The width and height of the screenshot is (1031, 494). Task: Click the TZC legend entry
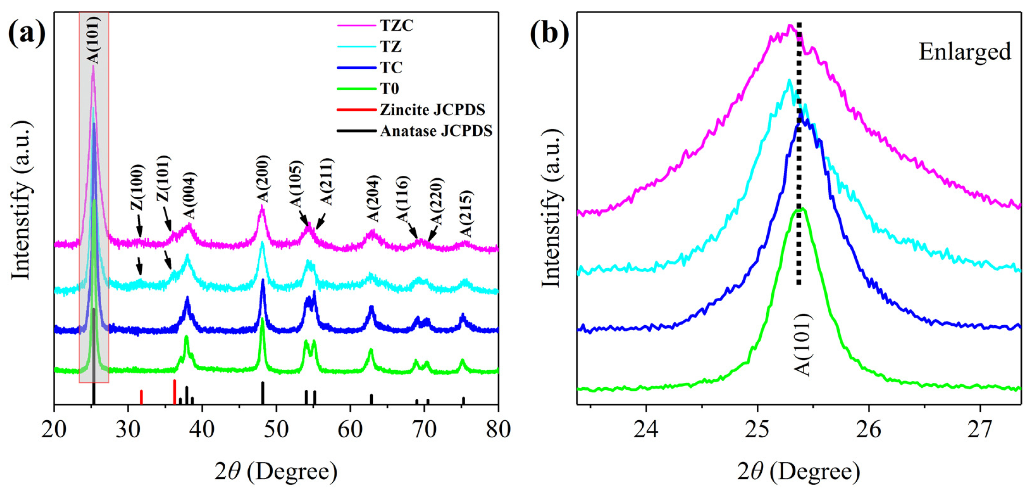(396, 26)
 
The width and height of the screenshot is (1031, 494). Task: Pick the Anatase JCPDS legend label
(436, 131)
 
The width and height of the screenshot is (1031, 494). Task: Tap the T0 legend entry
(389, 89)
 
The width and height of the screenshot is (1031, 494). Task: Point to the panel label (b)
(550, 34)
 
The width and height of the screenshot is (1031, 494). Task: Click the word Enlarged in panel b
(964, 52)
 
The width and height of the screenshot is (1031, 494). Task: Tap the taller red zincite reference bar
(175, 392)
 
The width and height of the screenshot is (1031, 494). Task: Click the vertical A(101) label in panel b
(802, 345)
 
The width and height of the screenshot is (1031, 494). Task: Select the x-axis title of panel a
(276, 472)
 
